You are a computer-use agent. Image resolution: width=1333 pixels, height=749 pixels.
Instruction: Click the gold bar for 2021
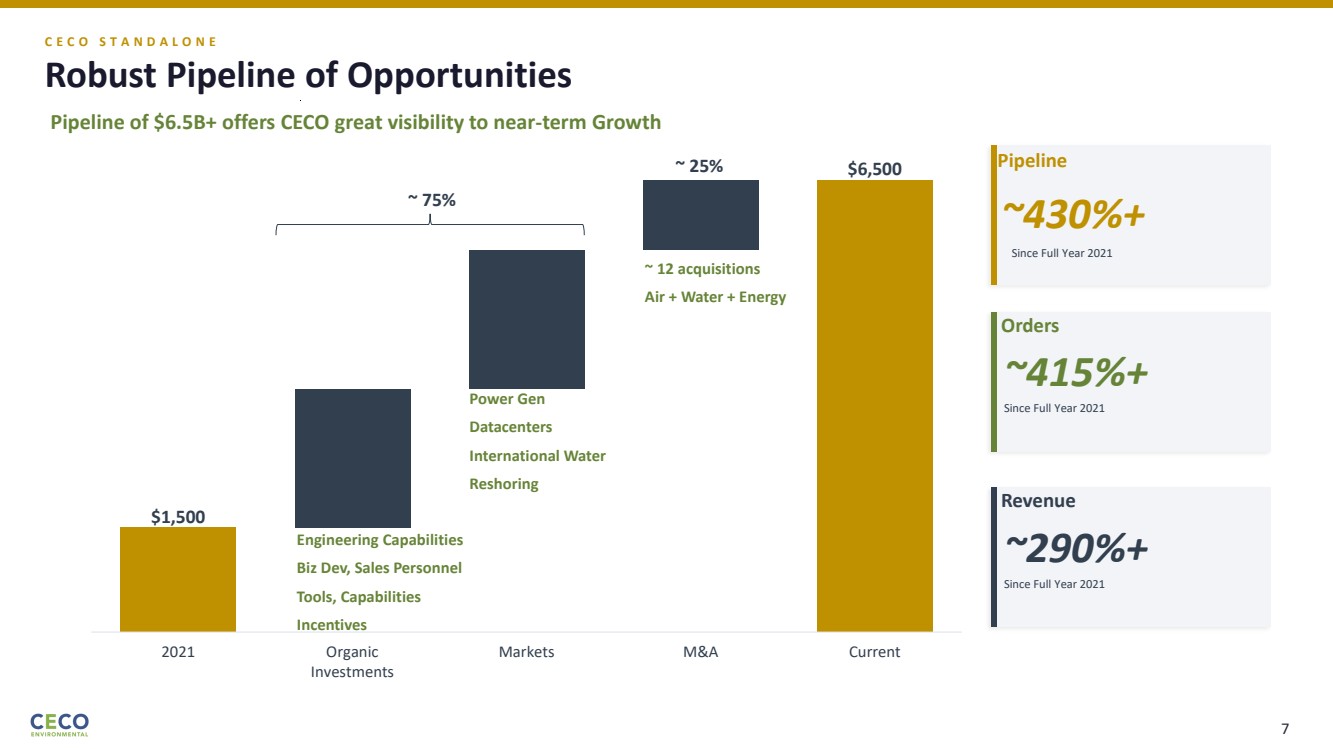point(178,579)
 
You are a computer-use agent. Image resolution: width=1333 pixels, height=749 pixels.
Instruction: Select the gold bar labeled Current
point(874,405)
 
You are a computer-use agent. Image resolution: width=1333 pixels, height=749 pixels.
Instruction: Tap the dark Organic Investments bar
point(352,458)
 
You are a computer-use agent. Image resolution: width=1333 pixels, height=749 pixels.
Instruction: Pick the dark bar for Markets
point(526,319)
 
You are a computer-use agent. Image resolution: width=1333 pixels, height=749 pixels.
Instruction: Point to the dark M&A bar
point(700,214)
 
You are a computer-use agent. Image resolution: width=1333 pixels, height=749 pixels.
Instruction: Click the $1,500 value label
point(178,516)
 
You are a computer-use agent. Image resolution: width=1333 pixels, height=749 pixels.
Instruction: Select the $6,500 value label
point(874,169)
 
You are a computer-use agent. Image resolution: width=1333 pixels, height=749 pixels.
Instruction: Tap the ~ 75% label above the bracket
point(431,199)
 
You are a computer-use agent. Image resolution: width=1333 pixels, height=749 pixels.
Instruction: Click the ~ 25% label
point(698,166)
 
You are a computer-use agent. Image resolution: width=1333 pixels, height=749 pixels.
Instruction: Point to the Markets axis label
point(526,652)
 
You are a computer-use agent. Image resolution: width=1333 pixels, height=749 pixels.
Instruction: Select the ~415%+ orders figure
point(1076,372)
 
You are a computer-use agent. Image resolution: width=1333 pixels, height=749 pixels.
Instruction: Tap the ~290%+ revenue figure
point(1076,547)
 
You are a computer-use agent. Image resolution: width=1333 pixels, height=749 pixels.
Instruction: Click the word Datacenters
point(510,427)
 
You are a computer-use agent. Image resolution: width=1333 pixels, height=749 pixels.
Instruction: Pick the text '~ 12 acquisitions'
point(702,269)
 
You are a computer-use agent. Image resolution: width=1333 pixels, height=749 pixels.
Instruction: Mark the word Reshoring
point(503,484)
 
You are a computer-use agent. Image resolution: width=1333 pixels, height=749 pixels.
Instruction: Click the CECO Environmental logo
point(59,724)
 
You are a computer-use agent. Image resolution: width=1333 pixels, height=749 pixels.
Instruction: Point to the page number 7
point(1285,728)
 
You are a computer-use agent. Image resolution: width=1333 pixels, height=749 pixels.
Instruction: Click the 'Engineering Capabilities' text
point(379,540)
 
